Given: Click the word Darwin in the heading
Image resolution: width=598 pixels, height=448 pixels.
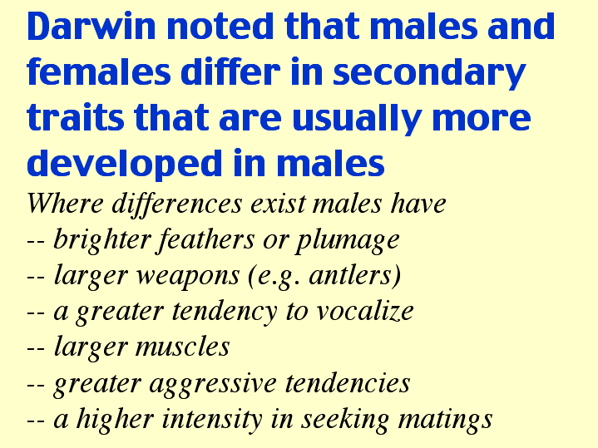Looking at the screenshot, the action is point(91,26).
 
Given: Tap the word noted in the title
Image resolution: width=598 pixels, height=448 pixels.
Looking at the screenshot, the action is point(220,26).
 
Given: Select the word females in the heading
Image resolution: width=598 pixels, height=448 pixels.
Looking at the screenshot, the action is point(99,71).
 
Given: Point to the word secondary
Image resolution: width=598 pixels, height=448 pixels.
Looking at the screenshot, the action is point(429,74).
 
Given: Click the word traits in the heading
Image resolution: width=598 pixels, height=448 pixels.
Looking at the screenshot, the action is point(75,117).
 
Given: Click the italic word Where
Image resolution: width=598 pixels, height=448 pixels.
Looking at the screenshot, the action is point(65,203).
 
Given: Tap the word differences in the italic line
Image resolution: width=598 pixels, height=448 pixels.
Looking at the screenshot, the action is point(177,204).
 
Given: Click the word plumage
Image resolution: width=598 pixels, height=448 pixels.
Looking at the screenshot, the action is point(348,242).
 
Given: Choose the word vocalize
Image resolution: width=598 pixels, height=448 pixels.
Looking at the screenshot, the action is point(365,311).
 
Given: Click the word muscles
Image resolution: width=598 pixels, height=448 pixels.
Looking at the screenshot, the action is point(183,347).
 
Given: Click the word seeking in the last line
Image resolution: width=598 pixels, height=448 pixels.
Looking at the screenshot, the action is point(345,421).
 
